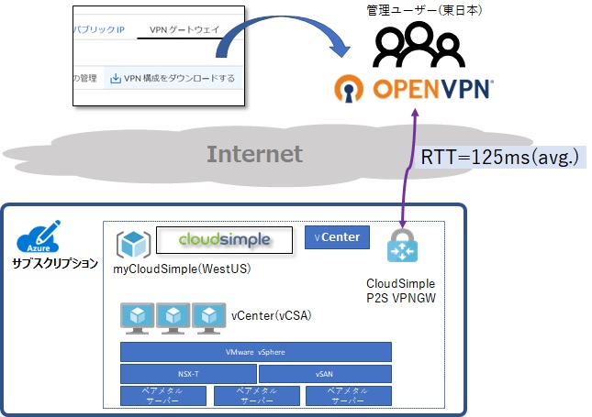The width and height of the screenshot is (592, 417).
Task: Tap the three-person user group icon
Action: pos(417,44)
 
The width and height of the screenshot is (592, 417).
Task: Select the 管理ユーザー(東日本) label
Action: pos(424,10)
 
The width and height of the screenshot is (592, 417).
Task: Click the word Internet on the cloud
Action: pos(254,153)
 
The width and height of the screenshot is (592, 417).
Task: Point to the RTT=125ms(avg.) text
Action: pos(499,158)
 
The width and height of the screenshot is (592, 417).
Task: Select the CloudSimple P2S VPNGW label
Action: pos(400,290)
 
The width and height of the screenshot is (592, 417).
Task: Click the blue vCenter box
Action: pos(338,238)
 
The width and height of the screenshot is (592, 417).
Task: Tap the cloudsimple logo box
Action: pos(225,240)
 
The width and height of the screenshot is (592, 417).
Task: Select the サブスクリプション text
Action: pos(55,264)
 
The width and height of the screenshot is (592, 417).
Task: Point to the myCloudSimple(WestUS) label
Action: pos(183,269)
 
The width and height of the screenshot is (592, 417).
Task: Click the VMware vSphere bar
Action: pos(256,352)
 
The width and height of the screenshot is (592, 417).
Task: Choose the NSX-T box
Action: pos(188,374)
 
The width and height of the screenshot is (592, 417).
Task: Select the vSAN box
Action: pos(325,374)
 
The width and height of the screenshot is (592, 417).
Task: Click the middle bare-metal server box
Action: pos(256,395)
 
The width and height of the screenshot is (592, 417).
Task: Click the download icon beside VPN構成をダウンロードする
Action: pos(116,78)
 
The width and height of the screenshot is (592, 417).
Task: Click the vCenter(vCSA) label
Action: pos(272,315)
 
